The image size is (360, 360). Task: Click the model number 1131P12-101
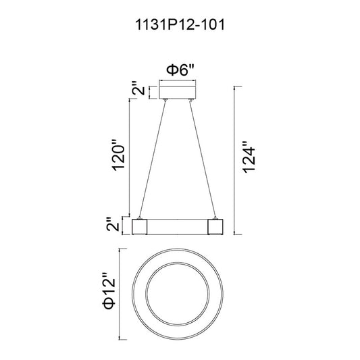[180, 24]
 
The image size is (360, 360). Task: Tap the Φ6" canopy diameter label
[180, 70]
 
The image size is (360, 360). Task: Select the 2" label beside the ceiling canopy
[138, 88]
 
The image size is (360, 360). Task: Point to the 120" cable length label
[118, 155]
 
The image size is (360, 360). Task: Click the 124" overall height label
[249, 157]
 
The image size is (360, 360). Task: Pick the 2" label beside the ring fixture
[113, 224]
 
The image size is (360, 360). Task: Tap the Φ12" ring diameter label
[109, 291]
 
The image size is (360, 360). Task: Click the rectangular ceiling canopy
[178, 93]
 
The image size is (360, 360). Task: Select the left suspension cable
[152, 159]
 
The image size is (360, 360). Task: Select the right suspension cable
[203, 159]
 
